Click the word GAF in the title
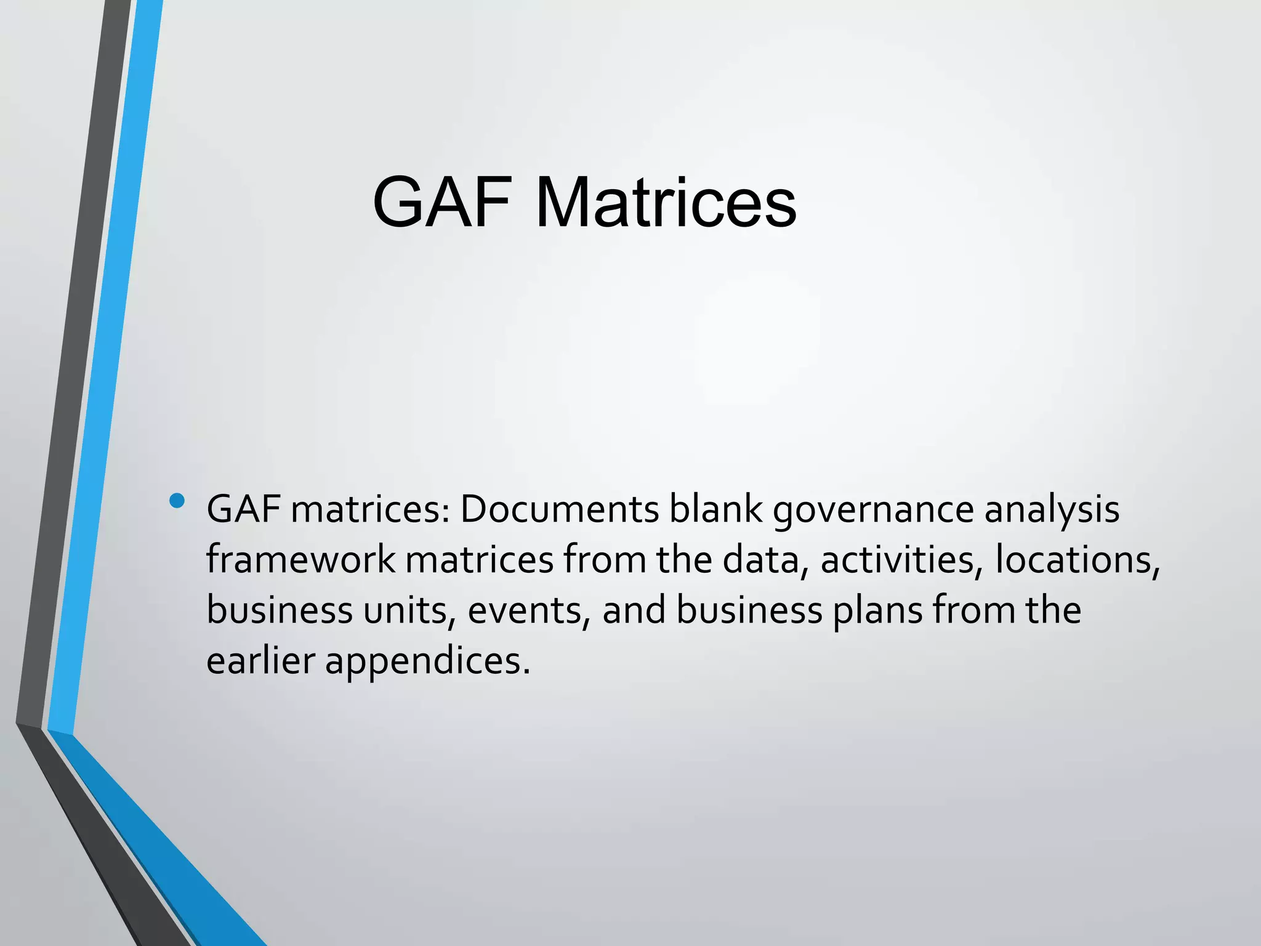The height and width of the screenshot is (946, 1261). tap(442, 203)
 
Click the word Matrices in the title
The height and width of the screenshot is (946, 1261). tap(666, 203)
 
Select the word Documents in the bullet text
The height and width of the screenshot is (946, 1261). tap(559, 510)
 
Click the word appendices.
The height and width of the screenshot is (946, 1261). tap(427, 661)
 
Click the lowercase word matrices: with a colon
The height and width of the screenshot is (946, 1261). tap(370, 510)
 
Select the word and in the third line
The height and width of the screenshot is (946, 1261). tap(634, 610)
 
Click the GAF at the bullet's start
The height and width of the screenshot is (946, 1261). tap(243, 510)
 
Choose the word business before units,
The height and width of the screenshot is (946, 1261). tap(279, 610)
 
